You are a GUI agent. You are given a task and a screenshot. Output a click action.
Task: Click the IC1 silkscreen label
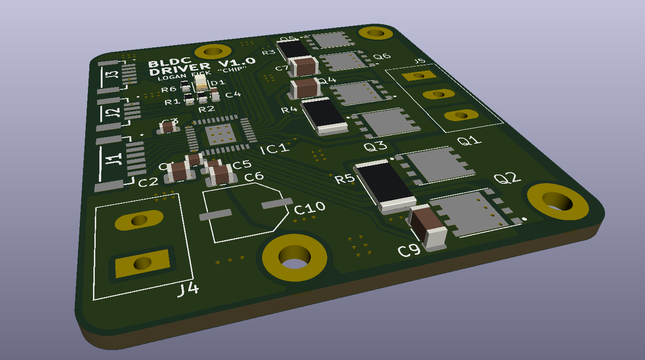coord(275,149)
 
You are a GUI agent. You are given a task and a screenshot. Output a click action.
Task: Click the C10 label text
coord(310,208)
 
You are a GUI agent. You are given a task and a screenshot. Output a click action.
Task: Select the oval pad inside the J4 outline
coord(139,221)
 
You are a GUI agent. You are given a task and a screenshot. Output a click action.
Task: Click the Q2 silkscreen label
coord(507,178)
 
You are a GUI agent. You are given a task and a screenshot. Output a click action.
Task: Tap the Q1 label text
coord(470,141)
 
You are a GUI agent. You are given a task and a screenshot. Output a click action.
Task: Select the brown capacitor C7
coord(304,67)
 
